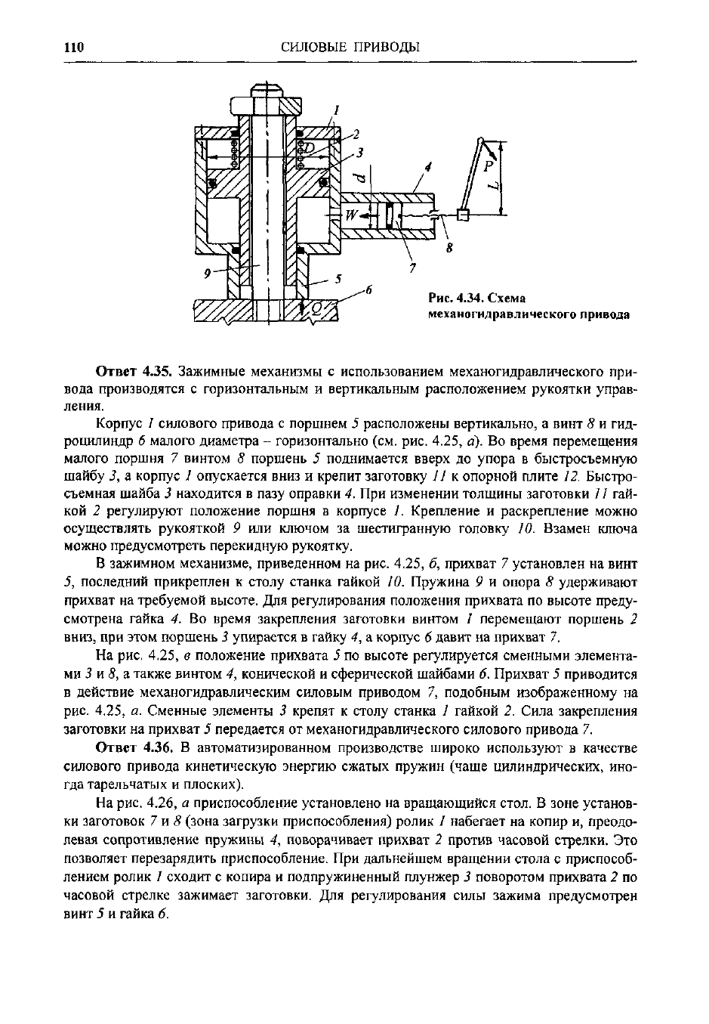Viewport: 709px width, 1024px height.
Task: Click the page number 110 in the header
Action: click(73, 47)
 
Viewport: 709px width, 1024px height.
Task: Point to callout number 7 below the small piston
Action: click(412, 267)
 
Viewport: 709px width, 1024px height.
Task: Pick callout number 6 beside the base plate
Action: click(369, 289)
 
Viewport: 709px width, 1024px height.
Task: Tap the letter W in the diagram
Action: click(351, 215)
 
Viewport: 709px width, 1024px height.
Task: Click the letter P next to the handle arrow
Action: click(488, 165)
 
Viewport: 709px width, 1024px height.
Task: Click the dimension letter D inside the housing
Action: click(310, 145)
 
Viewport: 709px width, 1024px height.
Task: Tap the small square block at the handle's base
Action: click(464, 216)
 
